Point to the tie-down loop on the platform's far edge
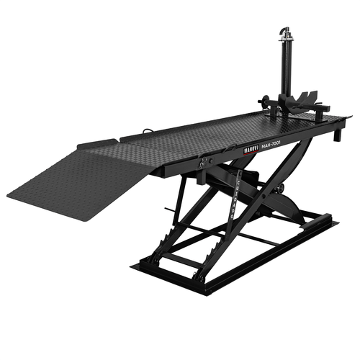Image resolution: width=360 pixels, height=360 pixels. click(x=148, y=130)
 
